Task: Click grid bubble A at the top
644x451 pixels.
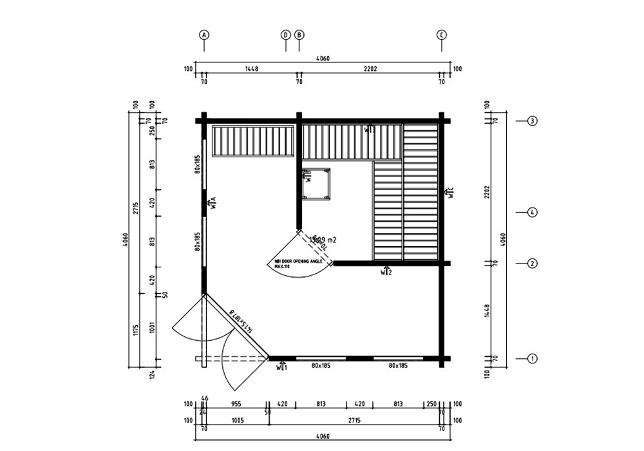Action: coord(204,35)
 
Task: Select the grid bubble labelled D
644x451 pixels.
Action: coord(286,35)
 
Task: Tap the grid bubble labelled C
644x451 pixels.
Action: coord(442,35)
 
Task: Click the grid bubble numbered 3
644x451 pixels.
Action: coord(532,120)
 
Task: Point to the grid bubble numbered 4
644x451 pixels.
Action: coord(532,212)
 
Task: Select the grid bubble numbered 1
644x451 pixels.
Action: coord(532,358)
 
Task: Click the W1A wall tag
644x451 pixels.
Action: coord(212,204)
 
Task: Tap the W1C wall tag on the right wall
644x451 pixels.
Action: coord(451,191)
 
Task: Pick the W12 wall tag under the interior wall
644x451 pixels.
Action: coord(386,272)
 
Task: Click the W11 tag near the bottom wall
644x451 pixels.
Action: coord(282,367)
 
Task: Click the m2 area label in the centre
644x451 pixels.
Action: coord(324,239)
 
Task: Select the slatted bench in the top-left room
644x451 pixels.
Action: coord(253,140)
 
